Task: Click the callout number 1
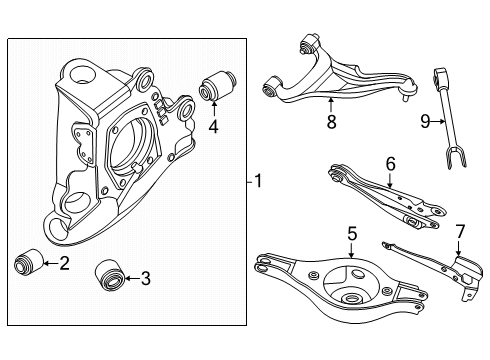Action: [x=258, y=181]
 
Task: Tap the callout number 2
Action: [x=64, y=263]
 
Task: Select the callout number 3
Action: [x=145, y=278]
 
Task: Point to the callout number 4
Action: [x=213, y=126]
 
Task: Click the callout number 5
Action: [x=352, y=233]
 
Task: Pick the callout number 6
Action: [x=390, y=164]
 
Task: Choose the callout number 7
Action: [x=460, y=231]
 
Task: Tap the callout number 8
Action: [x=331, y=122]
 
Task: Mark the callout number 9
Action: [x=425, y=121]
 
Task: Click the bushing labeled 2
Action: [x=29, y=262]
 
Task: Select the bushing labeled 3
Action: [x=110, y=275]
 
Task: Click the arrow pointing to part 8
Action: [x=331, y=105]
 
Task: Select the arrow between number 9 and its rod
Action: [x=438, y=122]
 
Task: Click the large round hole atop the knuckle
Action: [x=81, y=75]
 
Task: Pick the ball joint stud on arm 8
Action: [x=405, y=98]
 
